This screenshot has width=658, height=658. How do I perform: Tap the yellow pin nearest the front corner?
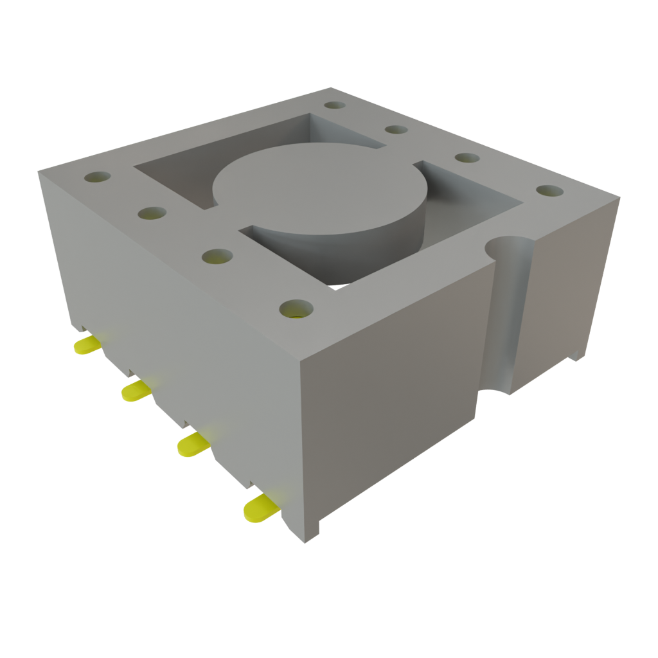pos(260,508)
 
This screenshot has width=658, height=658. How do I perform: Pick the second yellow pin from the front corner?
pos(193,443)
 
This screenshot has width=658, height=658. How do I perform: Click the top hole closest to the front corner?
pos(296,309)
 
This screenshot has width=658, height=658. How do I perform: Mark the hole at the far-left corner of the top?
pos(97,177)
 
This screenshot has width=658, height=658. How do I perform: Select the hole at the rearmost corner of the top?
pos(335,105)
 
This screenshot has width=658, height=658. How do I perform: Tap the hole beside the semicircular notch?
pos(549,191)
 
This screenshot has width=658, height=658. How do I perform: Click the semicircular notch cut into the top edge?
pos(510,247)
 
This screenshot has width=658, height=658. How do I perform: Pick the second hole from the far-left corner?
pos(152,212)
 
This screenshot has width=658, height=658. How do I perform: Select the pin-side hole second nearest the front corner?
pos(217,257)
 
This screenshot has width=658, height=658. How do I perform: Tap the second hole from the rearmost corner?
pos(397,130)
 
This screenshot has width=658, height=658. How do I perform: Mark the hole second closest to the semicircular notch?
pos(468,157)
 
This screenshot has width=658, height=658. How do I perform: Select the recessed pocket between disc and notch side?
pos(469,212)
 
